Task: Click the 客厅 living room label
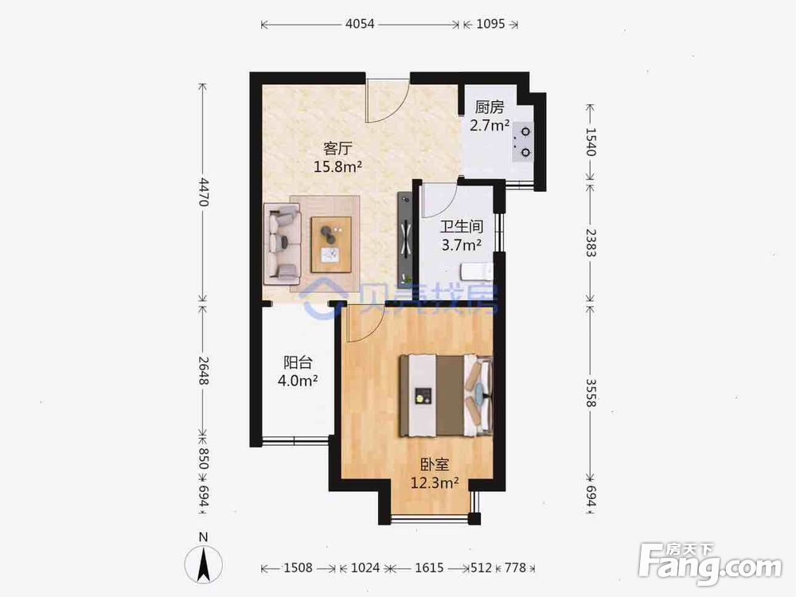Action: pyautogui.click(x=338, y=149)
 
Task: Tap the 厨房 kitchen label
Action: pyautogui.click(x=490, y=107)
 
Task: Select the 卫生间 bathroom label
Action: pyautogui.click(x=462, y=226)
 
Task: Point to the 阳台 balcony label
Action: pyautogui.click(x=298, y=362)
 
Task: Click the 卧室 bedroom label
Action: pyautogui.click(x=435, y=464)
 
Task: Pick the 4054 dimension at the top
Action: pyautogui.click(x=360, y=24)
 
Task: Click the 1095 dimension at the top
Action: pyautogui.click(x=490, y=24)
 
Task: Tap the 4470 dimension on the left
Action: pyautogui.click(x=204, y=192)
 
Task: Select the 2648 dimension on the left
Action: pyautogui.click(x=204, y=371)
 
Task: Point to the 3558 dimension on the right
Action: pyautogui.click(x=591, y=393)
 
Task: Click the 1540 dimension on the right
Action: pyautogui.click(x=591, y=142)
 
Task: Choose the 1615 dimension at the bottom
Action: pyautogui.click(x=430, y=568)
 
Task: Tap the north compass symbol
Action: pyautogui.click(x=204, y=564)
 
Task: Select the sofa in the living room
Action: pyautogui.click(x=283, y=244)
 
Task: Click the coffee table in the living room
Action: pyautogui.click(x=331, y=244)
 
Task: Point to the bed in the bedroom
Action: pyautogui.click(x=447, y=396)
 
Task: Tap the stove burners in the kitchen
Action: pyautogui.click(x=523, y=142)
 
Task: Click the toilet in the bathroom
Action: pyautogui.click(x=477, y=271)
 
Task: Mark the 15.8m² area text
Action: pyautogui.click(x=338, y=166)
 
